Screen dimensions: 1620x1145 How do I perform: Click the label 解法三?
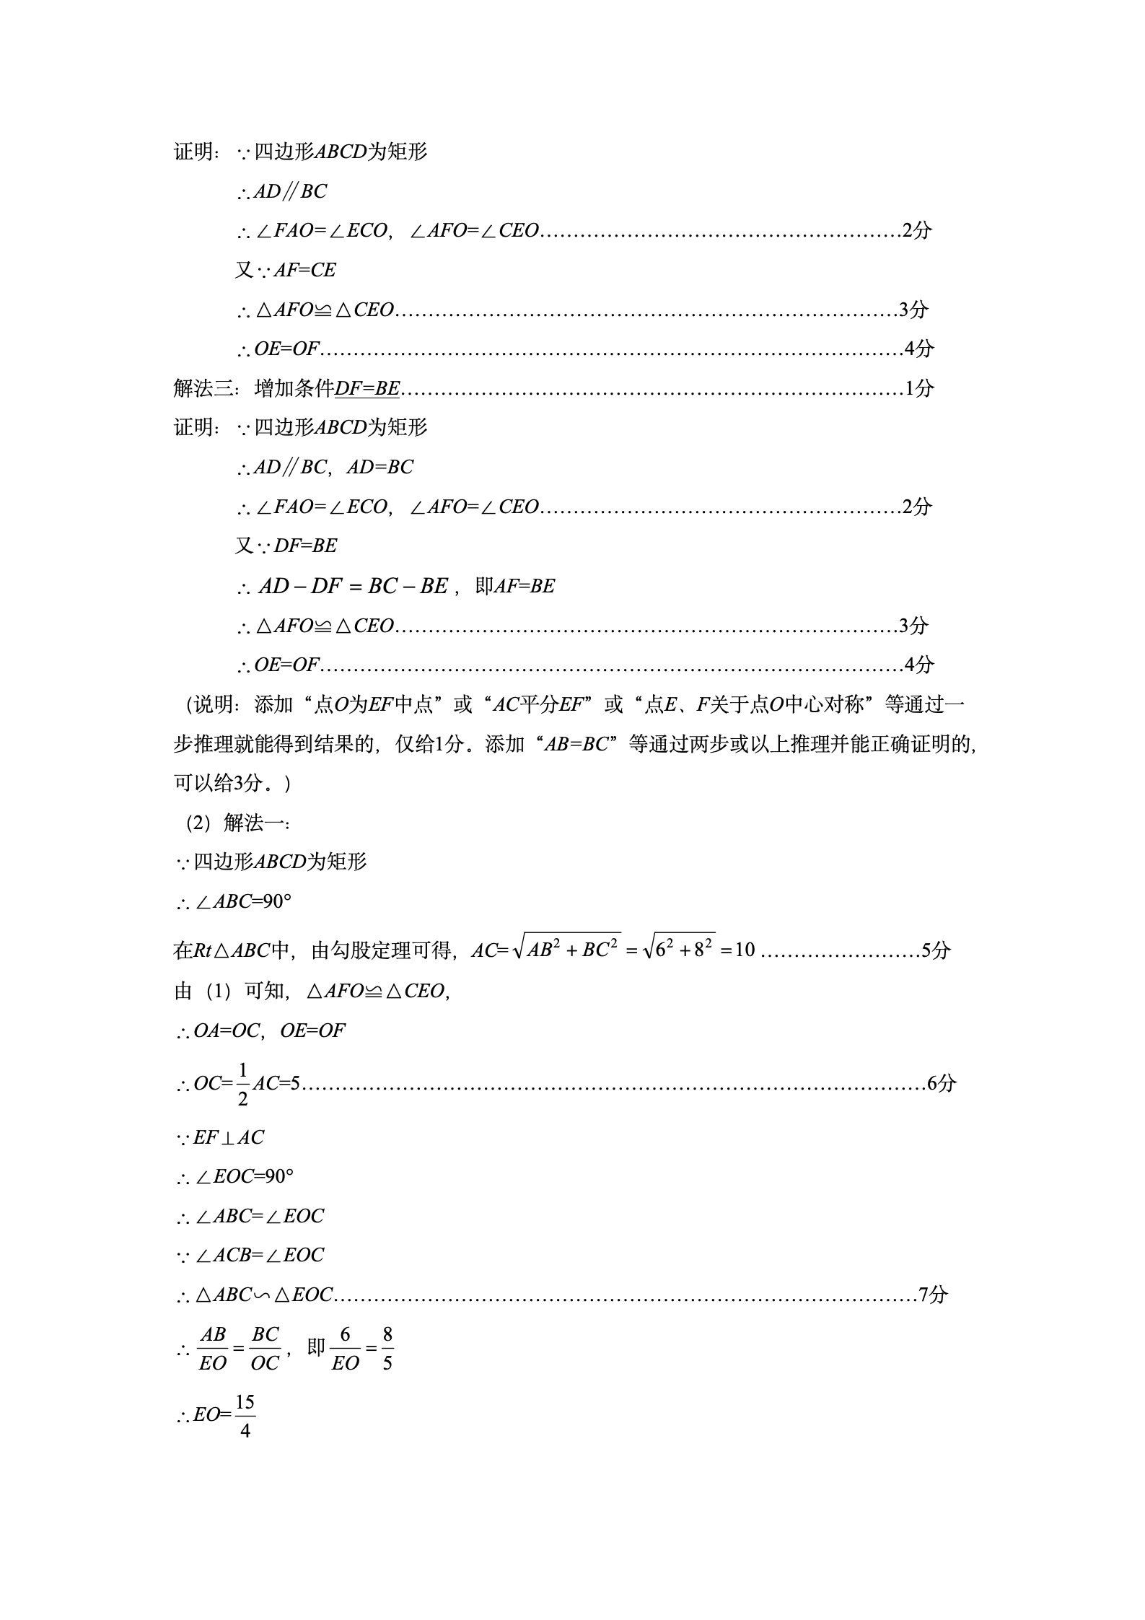203,388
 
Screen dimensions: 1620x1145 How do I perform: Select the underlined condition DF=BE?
367,388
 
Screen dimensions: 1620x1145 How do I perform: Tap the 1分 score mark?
919,388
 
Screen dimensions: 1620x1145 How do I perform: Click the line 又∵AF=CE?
286,270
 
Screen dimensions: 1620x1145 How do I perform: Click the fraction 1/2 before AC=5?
242,1084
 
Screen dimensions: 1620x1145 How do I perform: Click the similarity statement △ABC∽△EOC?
263,1295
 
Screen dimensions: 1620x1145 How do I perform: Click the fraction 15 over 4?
245,1415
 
